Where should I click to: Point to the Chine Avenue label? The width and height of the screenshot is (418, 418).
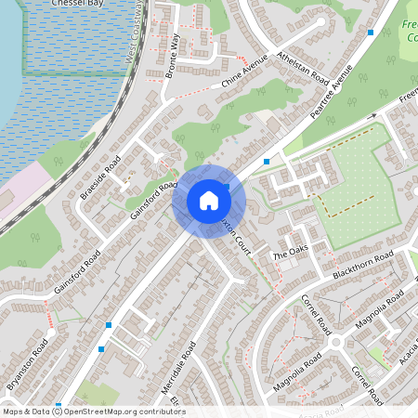[x=244, y=72]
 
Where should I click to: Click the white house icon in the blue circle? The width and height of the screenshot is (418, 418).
[x=209, y=200]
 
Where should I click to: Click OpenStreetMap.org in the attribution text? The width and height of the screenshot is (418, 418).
[x=111, y=411]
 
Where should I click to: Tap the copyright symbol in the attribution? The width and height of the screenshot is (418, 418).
[x=58, y=411]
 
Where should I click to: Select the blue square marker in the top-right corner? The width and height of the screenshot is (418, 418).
[x=371, y=33]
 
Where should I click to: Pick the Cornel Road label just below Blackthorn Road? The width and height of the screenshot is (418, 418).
[x=317, y=314]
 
